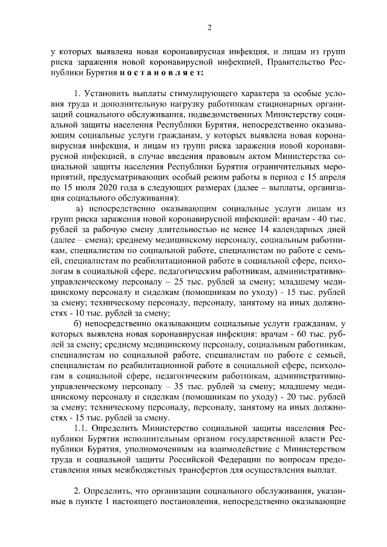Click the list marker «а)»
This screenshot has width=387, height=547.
tap(79, 208)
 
